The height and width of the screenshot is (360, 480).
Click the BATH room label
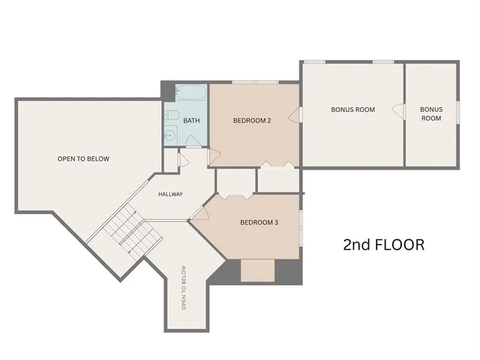point(191,121)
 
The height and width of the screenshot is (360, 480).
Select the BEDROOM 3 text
point(259,222)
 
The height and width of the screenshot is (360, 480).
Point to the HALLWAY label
point(170,194)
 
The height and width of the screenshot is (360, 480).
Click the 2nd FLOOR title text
point(383,244)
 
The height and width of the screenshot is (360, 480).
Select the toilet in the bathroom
point(171,115)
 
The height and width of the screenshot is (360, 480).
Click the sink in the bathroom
point(170,136)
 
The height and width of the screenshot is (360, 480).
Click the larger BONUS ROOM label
point(352,109)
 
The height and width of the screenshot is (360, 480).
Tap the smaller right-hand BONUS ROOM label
point(430,114)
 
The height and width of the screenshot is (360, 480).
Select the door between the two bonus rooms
point(399,111)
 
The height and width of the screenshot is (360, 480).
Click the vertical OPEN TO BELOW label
point(183,288)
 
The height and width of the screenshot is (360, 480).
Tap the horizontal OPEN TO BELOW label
point(83,159)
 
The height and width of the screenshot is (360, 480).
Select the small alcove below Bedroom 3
point(257,270)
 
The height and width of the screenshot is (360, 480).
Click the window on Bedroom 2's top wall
point(255,82)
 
